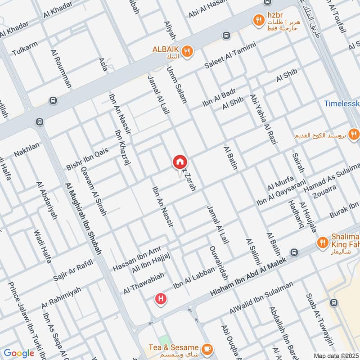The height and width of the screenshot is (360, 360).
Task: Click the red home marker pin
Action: point(180,162)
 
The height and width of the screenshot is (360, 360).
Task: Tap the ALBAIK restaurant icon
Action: point(188,52)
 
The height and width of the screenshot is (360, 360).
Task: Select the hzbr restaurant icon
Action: point(258,19)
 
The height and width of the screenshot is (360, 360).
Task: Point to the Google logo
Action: point(19,353)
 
